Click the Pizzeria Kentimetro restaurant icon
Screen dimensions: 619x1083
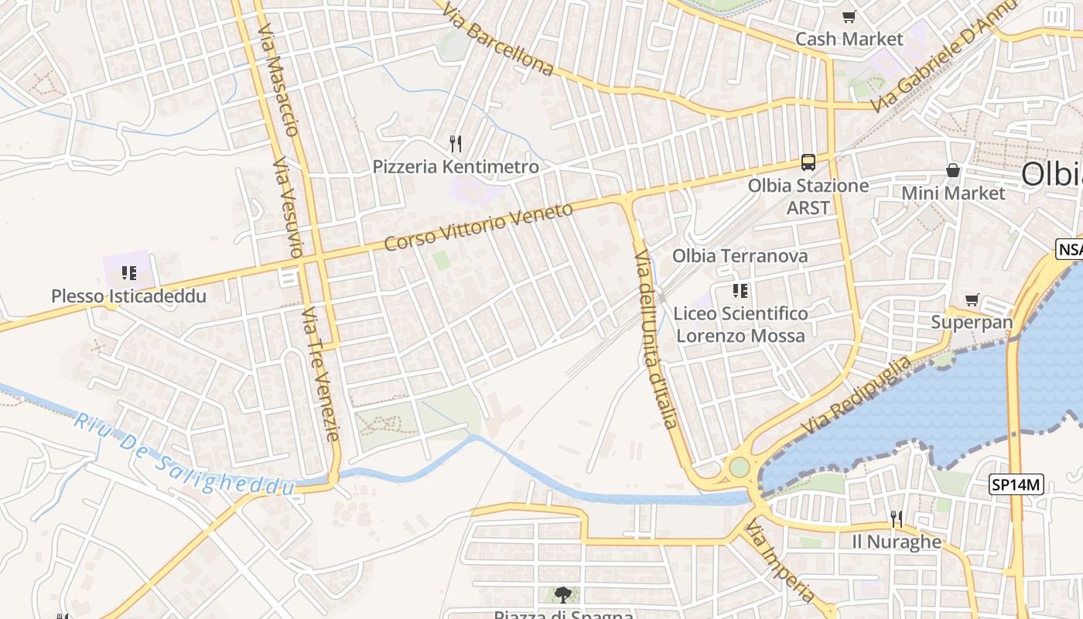456,143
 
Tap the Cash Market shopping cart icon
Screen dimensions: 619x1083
849,16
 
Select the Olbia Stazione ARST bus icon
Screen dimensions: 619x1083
808,162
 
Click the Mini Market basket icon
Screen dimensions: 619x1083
953,170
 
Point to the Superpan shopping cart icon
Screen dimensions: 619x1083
972,299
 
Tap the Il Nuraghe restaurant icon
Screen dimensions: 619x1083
897,518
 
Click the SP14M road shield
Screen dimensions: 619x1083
1017,485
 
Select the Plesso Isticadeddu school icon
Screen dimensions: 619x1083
128,272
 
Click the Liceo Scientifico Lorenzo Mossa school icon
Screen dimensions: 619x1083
740,290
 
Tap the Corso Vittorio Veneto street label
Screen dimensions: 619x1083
478,227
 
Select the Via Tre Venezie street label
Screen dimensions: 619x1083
320,373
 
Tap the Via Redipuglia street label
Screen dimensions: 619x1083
856,395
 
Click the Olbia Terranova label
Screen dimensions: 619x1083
740,255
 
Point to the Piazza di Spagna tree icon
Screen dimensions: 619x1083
563,595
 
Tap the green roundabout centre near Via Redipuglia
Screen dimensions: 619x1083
740,467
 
